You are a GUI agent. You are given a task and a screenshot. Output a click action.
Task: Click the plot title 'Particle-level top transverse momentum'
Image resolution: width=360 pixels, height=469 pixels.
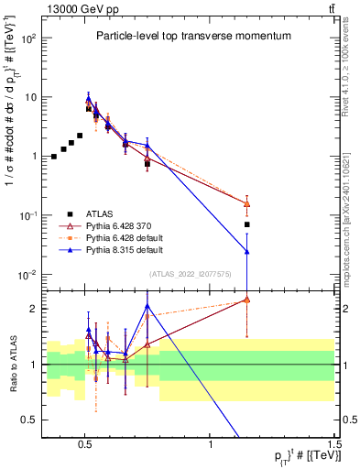193,36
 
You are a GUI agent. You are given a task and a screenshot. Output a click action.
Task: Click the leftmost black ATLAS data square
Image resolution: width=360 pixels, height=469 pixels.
54,157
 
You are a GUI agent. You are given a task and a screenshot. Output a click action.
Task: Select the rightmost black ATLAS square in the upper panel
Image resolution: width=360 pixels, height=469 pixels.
246,224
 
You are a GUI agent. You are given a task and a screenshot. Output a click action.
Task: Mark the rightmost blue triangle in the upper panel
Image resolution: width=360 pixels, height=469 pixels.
246,251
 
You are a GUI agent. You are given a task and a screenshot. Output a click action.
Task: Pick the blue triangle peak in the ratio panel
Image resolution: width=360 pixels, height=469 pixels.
147,306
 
